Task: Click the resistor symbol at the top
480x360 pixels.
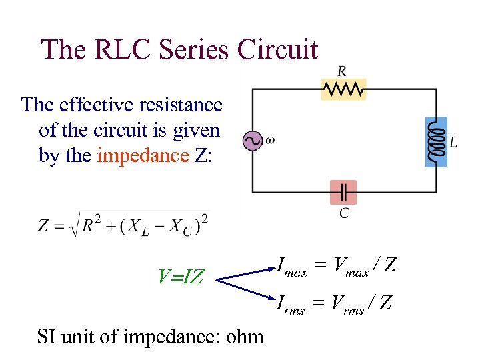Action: click(x=343, y=89)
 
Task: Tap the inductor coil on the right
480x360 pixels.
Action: click(x=436, y=142)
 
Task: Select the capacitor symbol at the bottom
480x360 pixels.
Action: click(x=343, y=193)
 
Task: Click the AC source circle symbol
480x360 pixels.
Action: click(x=252, y=141)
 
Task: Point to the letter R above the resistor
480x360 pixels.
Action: click(x=342, y=71)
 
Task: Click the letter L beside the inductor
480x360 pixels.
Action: click(x=453, y=142)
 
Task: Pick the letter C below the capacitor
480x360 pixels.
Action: click(x=343, y=213)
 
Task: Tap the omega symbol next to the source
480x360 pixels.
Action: click(x=269, y=141)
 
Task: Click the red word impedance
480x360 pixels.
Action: click(x=143, y=155)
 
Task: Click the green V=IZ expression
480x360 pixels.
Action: click(x=181, y=275)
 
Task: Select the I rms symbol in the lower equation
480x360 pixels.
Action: click(x=291, y=305)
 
